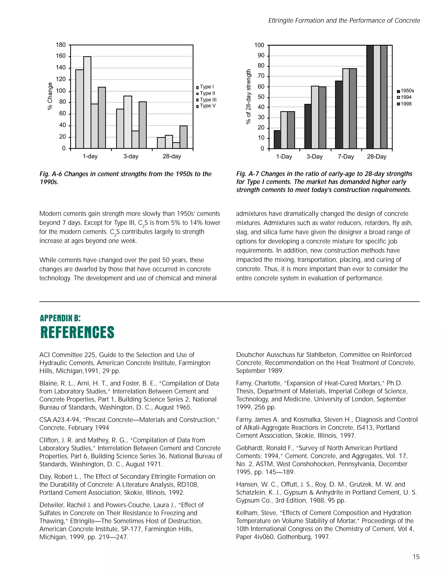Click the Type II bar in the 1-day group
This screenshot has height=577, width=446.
pyautogui.click(x=87, y=103)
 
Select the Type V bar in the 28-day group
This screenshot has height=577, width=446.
pyautogui.click(x=183, y=137)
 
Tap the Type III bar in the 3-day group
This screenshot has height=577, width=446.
pyautogui.click(x=135, y=140)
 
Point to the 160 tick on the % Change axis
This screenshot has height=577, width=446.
pyautogui.click(x=61, y=56)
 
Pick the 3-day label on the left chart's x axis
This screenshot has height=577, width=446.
pyautogui.click(x=131, y=156)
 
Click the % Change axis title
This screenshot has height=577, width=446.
pyautogui.click(x=50, y=96)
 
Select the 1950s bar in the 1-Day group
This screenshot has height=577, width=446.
pyautogui.click(x=277, y=139)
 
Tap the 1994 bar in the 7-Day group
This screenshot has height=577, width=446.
pyautogui.click(x=346, y=108)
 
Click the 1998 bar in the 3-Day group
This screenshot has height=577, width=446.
pyautogui.click(x=322, y=118)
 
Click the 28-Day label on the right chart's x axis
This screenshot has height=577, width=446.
pyautogui.click(x=377, y=157)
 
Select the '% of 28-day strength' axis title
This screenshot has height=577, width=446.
pyautogui.click(x=248, y=97)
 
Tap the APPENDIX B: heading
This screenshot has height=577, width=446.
pyautogui.click(x=60, y=318)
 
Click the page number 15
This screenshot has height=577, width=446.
pyautogui.click(x=416, y=557)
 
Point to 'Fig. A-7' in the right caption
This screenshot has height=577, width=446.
pyautogui.click(x=247, y=174)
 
